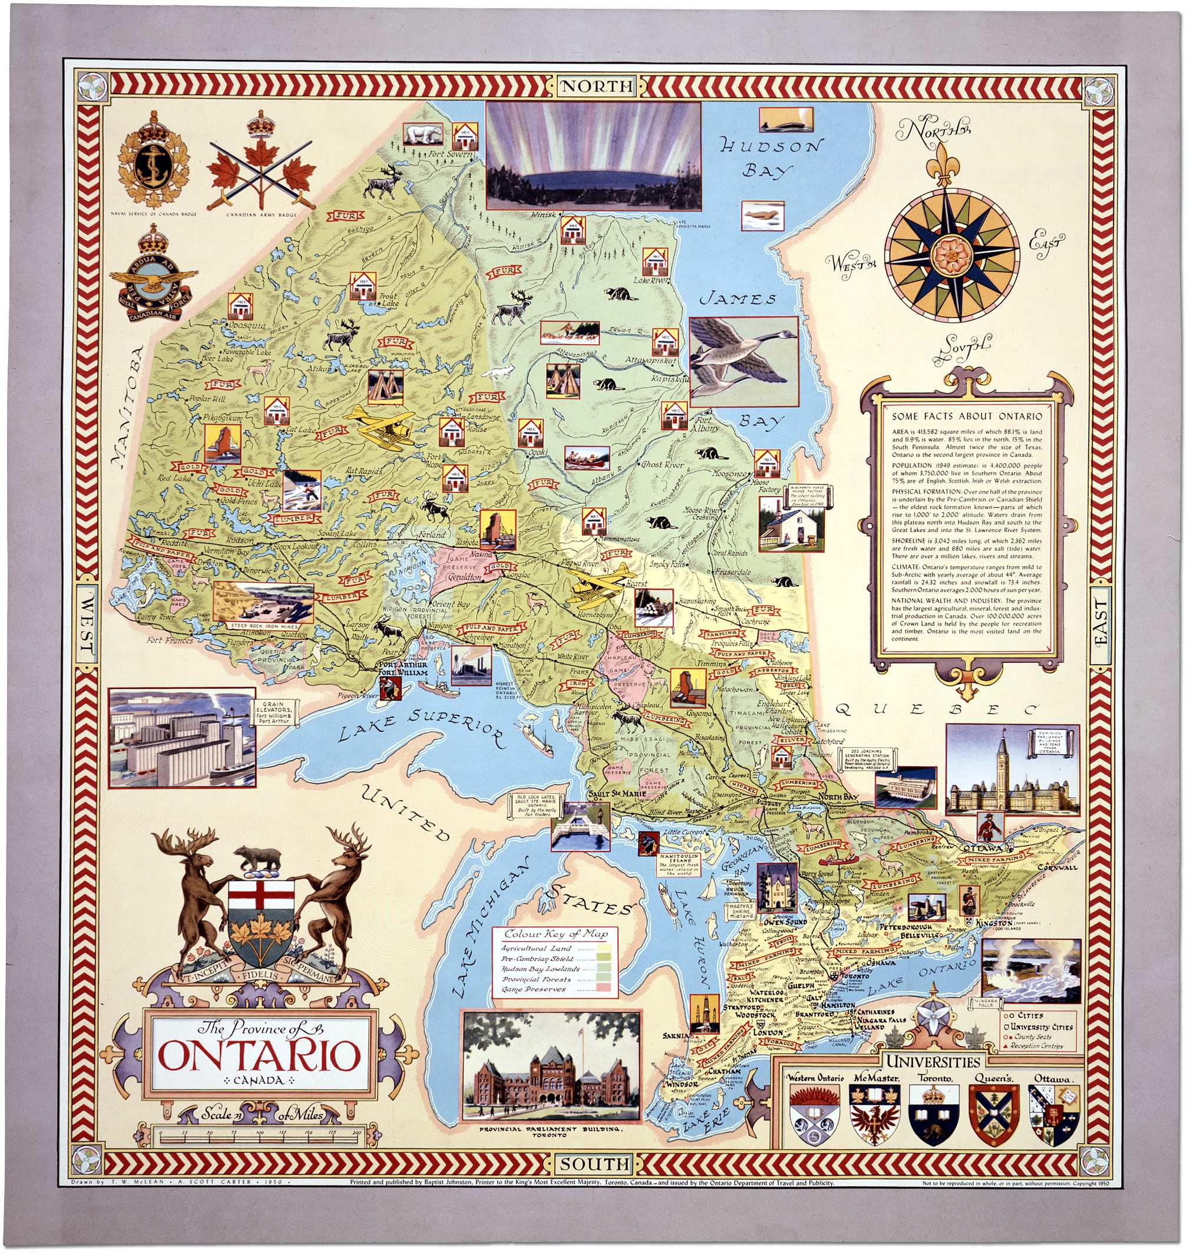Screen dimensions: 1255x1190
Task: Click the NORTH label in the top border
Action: [596, 85]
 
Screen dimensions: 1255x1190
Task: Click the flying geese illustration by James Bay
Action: [743, 361]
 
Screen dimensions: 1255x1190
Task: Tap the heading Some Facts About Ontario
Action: [966, 416]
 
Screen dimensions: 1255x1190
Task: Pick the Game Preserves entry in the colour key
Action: [534, 989]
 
